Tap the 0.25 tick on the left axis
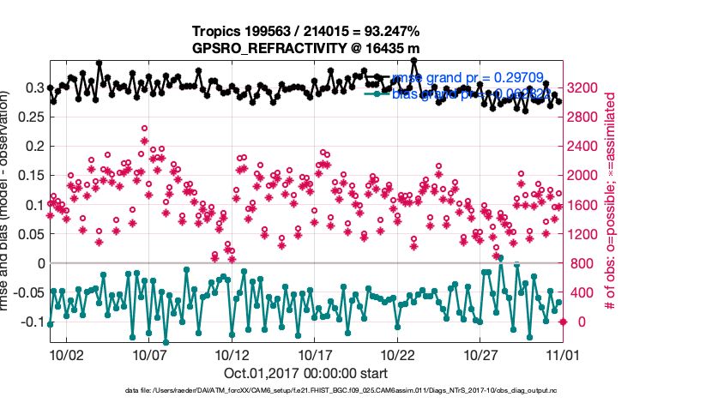click(x=32, y=117)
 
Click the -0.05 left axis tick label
click(x=28, y=292)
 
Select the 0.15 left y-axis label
click(x=32, y=176)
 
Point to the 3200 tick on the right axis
click(x=586, y=87)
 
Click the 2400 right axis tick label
click(x=586, y=146)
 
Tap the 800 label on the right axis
click(x=582, y=263)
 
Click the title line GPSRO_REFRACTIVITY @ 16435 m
click(x=305, y=49)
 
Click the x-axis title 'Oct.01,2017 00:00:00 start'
click(x=305, y=373)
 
